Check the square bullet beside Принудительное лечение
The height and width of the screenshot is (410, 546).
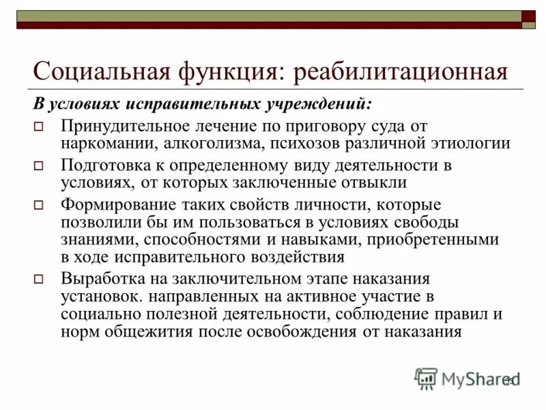(x=39, y=127)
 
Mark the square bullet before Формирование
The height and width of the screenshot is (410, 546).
(x=39, y=206)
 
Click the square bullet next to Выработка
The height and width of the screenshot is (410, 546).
(x=39, y=280)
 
